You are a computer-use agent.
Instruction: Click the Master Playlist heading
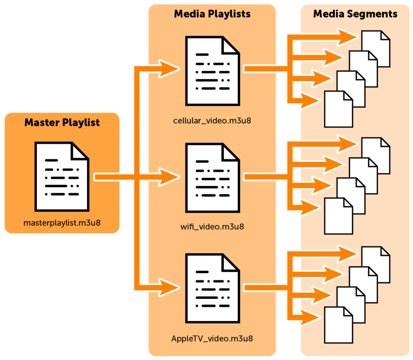(x=62, y=122)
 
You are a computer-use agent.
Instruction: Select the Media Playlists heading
(x=212, y=14)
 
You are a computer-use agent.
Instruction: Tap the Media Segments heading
(x=355, y=14)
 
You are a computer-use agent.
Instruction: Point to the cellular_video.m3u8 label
(x=212, y=121)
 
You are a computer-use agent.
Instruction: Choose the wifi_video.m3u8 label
(x=212, y=226)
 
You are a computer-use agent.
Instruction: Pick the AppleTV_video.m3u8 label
(x=212, y=338)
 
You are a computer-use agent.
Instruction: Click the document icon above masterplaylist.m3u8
(x=62, y=176)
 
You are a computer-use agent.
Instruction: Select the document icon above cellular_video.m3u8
(x=212, y=71)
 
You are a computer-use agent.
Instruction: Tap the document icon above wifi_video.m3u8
(x=212, y=178)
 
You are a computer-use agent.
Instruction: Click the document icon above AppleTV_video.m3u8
(x=212, y=288)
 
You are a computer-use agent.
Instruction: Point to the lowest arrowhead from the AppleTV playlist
(x=311, y=317)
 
